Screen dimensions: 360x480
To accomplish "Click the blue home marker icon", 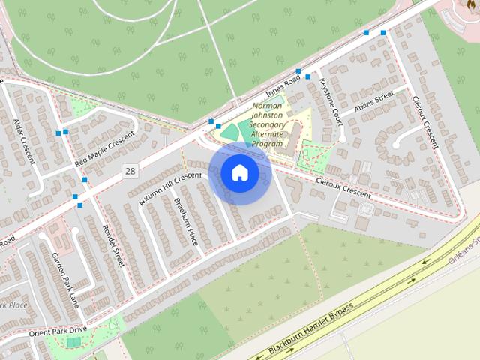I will [239, 173].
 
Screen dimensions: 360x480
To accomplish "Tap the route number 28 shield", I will [130, 172].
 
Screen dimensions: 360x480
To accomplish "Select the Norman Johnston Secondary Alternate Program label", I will [268, 124].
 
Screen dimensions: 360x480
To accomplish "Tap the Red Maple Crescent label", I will [109, 148].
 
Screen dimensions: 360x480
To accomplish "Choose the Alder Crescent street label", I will [19, 135].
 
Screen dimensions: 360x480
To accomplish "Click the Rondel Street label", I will [112, 241].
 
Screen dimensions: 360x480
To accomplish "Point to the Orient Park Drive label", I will [58, 331].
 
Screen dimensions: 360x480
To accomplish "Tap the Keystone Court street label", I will [331, 101].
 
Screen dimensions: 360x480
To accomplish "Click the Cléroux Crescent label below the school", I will [344, 188].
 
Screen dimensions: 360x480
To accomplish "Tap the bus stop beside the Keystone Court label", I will [299, 71].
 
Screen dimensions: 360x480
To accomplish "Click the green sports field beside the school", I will [231, 130].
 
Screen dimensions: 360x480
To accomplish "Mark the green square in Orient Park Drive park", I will [73, 342].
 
